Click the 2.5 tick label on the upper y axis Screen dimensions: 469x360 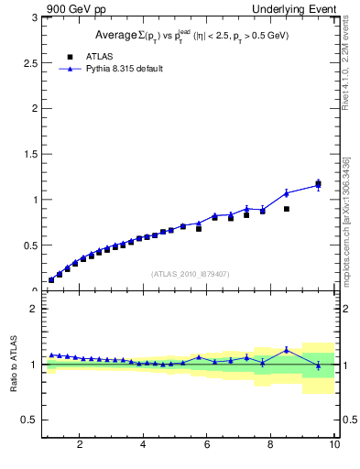coord(30,62)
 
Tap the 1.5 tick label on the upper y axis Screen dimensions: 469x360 coord(30,154)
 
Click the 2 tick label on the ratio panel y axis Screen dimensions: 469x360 coord(34,309)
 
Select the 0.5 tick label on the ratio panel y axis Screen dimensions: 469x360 coord(30,420)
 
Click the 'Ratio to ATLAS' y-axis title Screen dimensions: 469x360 coord(13,364)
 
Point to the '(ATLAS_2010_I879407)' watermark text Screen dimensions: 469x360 coord(190,273)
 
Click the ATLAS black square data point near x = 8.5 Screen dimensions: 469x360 coord(287,209)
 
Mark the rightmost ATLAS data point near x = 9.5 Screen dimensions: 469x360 coord(318,185)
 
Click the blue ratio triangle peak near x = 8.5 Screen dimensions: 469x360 coord(287,349)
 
